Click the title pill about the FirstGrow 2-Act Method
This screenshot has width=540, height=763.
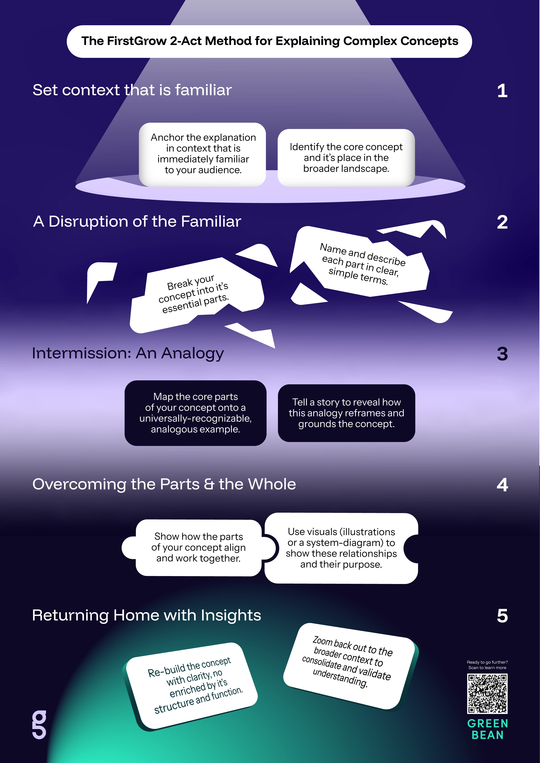click(269, 41)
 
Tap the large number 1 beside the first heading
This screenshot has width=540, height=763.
click(502, 91)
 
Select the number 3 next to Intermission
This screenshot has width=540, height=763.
click(502, 354)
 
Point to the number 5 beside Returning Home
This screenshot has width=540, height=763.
click(502, 616)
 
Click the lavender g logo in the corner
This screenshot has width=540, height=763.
click(39, 725)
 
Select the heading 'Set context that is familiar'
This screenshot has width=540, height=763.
click(132, 90)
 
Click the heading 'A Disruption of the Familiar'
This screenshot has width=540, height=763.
click(137, 221)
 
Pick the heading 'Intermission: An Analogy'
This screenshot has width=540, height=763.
click(128, 353)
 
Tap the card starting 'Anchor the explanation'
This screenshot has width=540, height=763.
click(203, 154)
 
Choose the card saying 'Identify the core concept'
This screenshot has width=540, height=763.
click(346, 157)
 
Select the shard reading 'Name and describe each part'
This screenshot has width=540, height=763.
click(361, 264)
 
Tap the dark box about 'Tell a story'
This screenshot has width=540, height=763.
click(346, 413)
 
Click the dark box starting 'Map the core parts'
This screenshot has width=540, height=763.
click(195, 413)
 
